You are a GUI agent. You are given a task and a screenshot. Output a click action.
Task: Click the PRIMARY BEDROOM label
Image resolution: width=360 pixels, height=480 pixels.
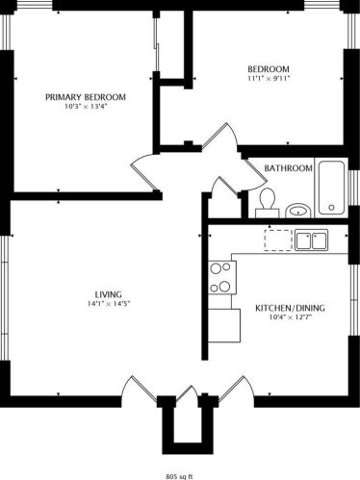coord(86,97)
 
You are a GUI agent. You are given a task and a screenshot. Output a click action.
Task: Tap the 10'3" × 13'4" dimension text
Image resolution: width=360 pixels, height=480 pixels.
coord(86,107)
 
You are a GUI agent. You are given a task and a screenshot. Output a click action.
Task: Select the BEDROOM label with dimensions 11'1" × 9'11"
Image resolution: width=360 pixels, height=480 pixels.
coord(269,69)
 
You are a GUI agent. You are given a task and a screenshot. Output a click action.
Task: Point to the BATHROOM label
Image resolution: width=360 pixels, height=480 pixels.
coord(288,168)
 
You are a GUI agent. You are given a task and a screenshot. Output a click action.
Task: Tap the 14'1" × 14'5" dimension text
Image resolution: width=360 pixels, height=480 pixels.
coord(109,304)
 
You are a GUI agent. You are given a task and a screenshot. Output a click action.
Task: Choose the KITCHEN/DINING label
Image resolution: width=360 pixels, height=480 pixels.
coord(290,308)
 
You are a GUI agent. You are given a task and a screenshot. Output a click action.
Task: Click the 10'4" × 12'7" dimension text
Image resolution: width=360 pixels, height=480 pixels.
coord(290,317)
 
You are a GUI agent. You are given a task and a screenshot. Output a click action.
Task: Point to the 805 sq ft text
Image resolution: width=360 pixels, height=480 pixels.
coord(180,476)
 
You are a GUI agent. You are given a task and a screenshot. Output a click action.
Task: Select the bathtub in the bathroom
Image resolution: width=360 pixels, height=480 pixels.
coord(332,188)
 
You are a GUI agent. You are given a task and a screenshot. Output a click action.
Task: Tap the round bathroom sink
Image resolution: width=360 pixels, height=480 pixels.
coord(298,211)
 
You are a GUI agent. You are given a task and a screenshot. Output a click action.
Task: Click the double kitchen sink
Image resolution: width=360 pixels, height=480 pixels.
coord(311,240)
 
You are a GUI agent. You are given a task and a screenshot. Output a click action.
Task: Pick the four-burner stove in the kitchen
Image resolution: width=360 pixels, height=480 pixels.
coord(222,277)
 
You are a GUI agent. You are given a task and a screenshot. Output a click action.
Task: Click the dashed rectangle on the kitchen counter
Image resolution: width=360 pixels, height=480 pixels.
coord(278,240)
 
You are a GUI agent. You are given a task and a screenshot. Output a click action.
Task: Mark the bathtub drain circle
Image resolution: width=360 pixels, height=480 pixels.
coord(331,208)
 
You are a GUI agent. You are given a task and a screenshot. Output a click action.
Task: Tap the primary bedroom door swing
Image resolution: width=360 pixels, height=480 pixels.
coord(144,171)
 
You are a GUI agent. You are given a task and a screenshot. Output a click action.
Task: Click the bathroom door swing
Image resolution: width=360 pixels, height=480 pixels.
coord(254,173)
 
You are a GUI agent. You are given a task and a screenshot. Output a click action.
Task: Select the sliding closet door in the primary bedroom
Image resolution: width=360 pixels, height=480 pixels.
coord(157,44)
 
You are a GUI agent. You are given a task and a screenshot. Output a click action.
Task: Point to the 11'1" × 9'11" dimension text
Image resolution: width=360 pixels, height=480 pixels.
coord(269,78)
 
